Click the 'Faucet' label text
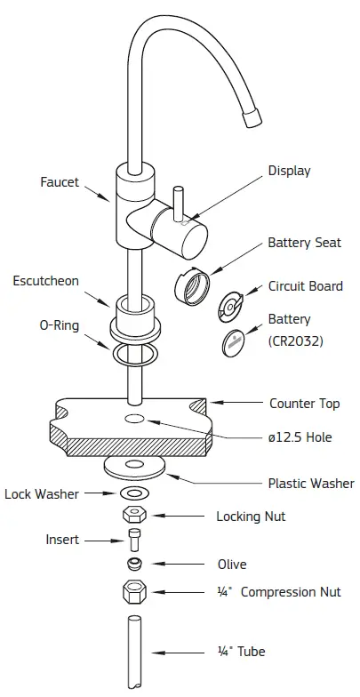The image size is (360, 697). coord(60,182)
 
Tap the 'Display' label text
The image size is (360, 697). coord(290,171)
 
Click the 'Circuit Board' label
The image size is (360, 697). coord(306,286)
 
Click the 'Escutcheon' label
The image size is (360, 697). coord(45,281)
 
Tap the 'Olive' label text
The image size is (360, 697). coord(232,564)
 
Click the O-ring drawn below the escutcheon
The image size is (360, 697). coord(136,355)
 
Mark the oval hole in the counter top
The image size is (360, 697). coord(136,418)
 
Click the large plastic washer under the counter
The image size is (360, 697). coord(136,466)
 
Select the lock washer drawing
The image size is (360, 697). coord(135,493)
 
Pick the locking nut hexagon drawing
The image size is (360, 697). coord(135,516)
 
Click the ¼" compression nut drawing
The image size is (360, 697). coord(134,592)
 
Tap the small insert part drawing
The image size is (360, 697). coord(135,540)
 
